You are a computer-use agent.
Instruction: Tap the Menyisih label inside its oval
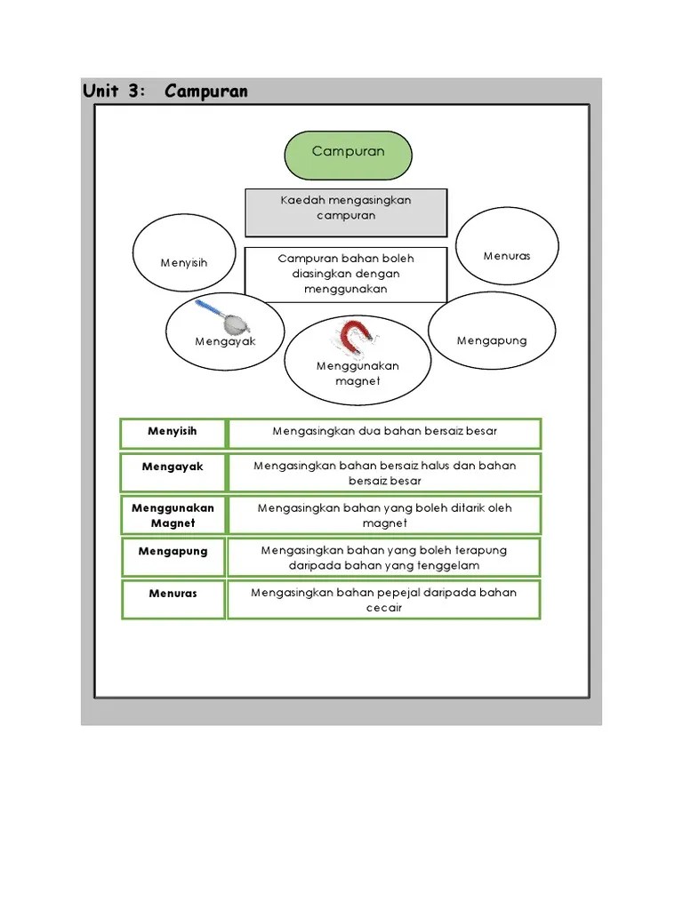coord(184,263)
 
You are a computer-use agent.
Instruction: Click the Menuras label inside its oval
coord(507,256)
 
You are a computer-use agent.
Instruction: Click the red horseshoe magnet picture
coord(356,338)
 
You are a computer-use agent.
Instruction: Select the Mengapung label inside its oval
coord(492,340)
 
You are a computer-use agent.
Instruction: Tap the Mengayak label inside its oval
coord(225,341)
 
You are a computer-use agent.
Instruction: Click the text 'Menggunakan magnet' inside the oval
coord(358,373)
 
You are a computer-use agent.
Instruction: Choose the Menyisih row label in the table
coord(173,431)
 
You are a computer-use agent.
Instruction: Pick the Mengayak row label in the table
coord(173,467)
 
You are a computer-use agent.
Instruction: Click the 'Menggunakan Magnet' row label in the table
coord(173,515)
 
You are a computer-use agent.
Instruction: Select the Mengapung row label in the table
coord(173,551)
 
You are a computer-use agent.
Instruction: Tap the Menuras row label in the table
coord(173,593)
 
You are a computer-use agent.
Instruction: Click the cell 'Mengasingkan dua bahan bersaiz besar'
coord(384,432)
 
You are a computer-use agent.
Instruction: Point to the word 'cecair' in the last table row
coord(384,608)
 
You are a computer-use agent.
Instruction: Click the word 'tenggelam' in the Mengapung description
coord(453,565)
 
